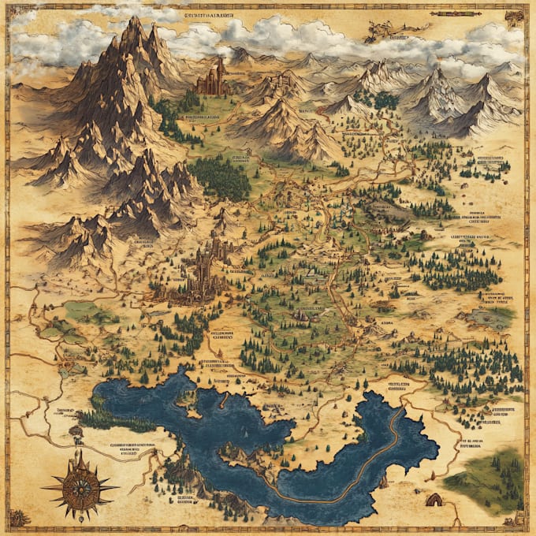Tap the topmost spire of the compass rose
pos(79,452)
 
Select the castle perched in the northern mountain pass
pos(212,80)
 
